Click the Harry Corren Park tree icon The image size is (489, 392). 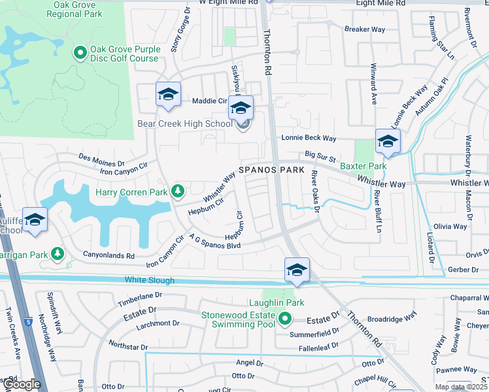(x=177, y=191)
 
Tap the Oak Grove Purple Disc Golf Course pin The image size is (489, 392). (x=80, y=52)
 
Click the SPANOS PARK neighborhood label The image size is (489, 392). (x=271, y=170)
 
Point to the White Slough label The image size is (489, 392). (x=150, y=280)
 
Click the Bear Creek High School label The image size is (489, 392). (x=184, y=122)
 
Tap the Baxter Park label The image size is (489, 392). (x=363, y=167)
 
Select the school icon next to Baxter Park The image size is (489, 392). (x=388, y=142)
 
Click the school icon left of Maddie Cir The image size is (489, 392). (x=168, y=95)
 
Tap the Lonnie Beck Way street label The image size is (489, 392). (x=309, y=138)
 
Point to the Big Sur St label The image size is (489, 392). (x=320, y=157)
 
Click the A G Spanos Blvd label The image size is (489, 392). (x=215, y=241)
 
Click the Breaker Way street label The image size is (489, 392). (x=365, y=29)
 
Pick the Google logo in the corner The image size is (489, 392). (x=22, y=384)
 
